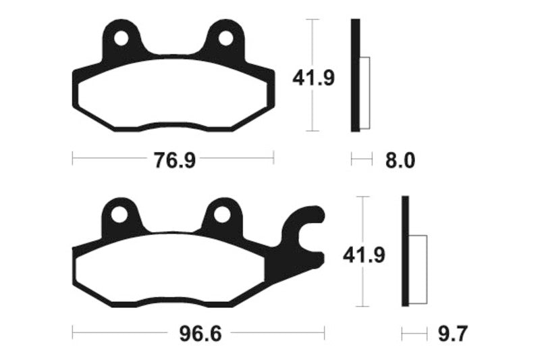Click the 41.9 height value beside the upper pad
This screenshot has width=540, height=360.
[x=313, y=78]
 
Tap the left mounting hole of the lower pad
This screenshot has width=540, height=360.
[x=120, y=215]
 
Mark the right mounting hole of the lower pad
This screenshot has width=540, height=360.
[x=223, y=215]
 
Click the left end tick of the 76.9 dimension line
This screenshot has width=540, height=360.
[x=72, y=158]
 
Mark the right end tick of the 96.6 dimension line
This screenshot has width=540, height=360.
[x=325, y=333]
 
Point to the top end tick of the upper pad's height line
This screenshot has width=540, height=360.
[x=311, y=20]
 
